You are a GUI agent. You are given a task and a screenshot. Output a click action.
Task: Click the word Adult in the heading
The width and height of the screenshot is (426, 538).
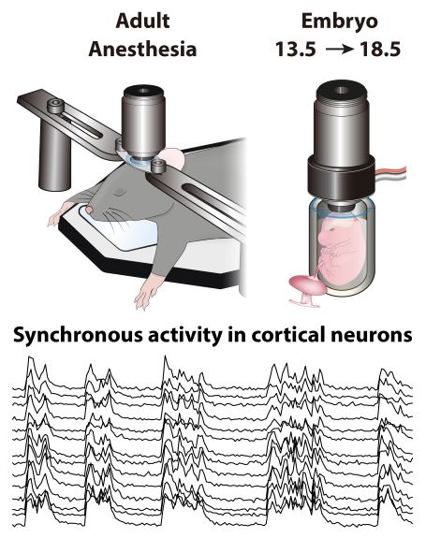[142, 21]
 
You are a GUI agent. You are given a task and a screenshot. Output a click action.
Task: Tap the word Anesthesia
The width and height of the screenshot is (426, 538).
[142, 49]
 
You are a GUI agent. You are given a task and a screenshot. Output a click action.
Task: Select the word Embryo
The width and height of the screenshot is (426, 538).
[340, 22]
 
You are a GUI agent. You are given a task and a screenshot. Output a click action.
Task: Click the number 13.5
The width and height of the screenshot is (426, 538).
[296, 50]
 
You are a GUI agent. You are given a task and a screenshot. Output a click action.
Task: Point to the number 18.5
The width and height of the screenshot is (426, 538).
[380, 50]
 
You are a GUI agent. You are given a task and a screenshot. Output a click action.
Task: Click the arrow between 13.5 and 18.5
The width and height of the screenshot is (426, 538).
[339, 50]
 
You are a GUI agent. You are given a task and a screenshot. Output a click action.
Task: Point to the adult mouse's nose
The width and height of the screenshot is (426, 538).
[88, 209]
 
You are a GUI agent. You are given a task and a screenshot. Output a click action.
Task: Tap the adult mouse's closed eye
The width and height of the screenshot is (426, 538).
[121, 191]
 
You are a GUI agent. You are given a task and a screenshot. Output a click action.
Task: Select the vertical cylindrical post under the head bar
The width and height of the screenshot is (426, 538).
[55, 155]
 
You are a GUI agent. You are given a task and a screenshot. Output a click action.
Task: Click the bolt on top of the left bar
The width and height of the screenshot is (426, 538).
[55, 106]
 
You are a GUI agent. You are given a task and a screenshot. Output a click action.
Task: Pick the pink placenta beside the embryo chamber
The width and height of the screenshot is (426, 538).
[306, 287]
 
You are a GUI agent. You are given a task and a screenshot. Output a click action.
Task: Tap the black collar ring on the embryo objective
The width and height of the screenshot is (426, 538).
[341, 175]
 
